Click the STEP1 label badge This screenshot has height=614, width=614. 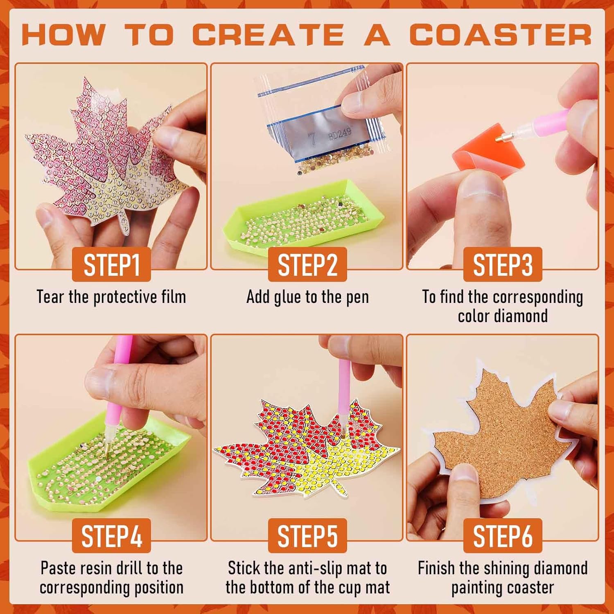click(x=111, y=264)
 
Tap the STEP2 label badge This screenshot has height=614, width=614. click(x=307, y=264)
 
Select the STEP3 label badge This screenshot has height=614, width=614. click(x=503, y=264)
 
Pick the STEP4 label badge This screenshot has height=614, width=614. click(x=111, y=536)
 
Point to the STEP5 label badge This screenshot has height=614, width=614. click(x=307, y=536)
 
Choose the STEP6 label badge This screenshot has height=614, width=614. click(x=503, y=536)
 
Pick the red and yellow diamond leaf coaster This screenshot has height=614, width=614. click(x=307, y=446)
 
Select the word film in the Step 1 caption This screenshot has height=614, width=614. click(x=174, y=297)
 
